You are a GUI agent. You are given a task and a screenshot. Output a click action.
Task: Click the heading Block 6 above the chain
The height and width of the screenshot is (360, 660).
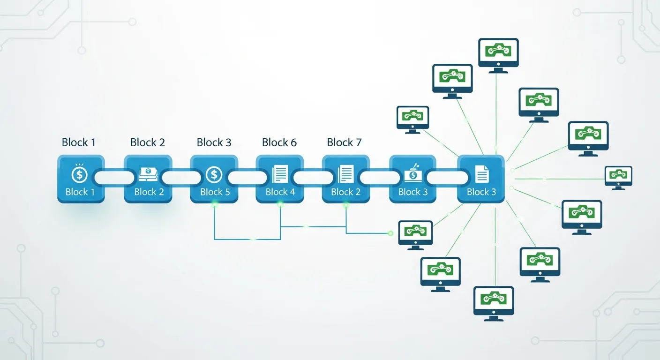[279, 142]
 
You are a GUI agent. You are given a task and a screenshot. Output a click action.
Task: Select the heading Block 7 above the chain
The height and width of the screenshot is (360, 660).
[345, 142]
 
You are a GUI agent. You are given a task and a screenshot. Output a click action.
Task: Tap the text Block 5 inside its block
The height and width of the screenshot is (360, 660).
[214, 192]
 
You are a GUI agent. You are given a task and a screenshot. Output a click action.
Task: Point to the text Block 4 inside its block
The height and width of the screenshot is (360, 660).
[280, 192]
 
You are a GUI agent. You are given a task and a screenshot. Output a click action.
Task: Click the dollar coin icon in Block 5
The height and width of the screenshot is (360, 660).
[214, 175]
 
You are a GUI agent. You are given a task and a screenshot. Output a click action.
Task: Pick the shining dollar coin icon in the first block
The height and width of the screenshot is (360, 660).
[79, 174]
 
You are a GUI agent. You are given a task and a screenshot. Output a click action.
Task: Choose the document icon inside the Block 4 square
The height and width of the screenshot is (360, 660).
[280, 175]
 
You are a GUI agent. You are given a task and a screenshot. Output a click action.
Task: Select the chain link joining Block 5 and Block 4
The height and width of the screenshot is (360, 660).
[247, 178]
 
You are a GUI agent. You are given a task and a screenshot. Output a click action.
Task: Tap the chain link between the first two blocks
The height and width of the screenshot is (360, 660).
[113, 178]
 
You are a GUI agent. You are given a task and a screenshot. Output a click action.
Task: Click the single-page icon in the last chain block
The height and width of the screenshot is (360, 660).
[481, 175]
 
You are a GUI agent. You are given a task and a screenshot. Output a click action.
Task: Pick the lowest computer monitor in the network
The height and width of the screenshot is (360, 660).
[494, 302]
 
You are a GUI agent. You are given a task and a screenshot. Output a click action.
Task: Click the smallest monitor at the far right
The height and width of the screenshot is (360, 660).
[618, 176]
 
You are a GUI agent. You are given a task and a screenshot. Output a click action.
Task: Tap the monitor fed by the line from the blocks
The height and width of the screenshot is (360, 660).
[415, 231]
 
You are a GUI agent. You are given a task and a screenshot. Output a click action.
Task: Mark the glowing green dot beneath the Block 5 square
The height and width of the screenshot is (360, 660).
[215, 204]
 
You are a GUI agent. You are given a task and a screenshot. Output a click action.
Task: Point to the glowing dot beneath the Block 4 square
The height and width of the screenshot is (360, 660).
[280, 204]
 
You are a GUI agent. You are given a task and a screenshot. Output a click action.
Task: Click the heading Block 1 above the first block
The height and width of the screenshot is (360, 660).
[78, 142]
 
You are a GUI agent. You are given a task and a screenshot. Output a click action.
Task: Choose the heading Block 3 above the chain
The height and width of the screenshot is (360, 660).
[214, 142]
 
